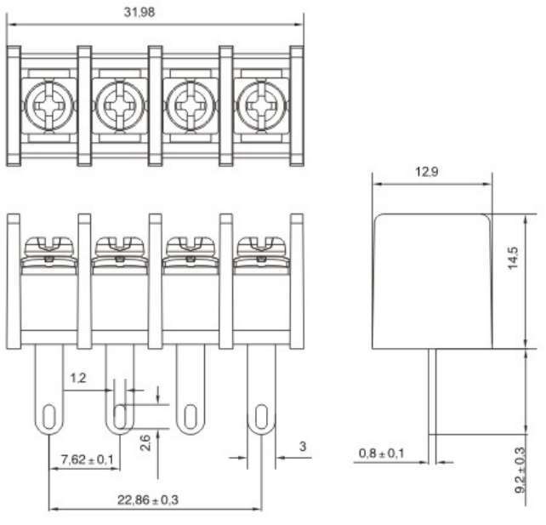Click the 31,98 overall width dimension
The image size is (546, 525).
(x=139, y=13)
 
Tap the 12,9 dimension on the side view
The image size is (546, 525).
(x=427, y=172)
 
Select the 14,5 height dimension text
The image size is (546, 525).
(x=514, y=258)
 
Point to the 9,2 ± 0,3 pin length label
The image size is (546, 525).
(x=520, y=470)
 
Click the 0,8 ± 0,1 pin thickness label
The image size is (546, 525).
(x=381, y=454)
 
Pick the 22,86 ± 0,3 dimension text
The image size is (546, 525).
(x=148, y=500)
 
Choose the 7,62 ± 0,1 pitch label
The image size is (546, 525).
(x=87, y=459)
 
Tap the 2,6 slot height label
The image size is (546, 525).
(x=145, y=442)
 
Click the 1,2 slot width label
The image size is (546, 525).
(x=78, y=378)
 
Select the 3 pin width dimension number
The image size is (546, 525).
(x=303, y=446)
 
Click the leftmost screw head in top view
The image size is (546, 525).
(x=49, y=106)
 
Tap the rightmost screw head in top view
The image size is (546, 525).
(x=261, y=106)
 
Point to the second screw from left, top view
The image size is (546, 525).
(x=120, y=106)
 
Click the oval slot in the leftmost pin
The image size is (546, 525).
(x=49, y=417)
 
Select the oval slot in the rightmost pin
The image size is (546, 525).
(x=261, y=417)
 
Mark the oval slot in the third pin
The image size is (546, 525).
(x=191, y=417)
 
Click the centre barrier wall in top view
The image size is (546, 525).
(x=156, y=106)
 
